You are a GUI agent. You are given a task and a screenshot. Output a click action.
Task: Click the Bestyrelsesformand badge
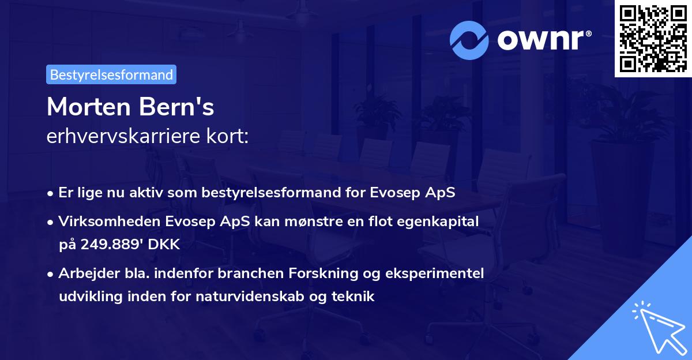pos(111,74)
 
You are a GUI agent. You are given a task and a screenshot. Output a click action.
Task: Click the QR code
pos(653,38)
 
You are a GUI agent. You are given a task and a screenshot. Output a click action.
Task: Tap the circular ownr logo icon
pos(469,40)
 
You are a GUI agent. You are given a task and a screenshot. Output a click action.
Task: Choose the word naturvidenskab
pos(264,297)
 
